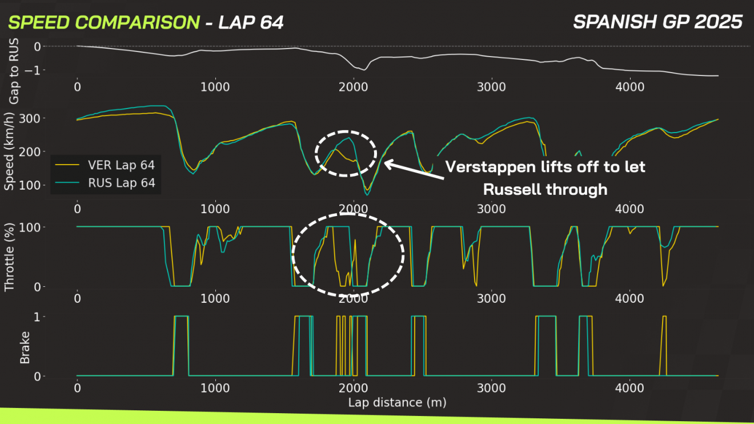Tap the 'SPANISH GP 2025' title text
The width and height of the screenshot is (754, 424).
[x=657, y=22]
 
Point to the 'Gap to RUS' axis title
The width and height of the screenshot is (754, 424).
[x=14, y=71]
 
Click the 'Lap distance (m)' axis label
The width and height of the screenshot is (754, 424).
[x=397, y=402]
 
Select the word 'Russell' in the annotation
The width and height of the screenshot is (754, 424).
[x=511, y=189]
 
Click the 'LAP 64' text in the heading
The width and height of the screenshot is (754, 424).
[x=251, y=23]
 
